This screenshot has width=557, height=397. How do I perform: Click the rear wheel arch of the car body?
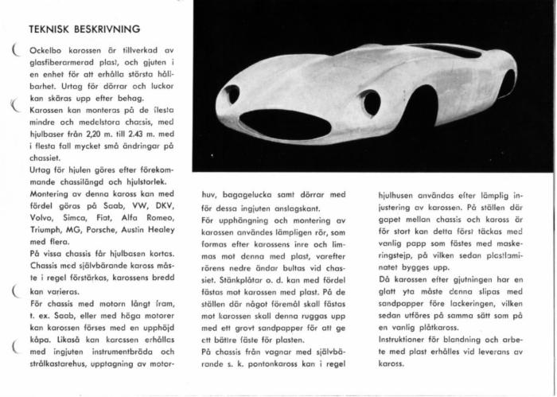[507, 83]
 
